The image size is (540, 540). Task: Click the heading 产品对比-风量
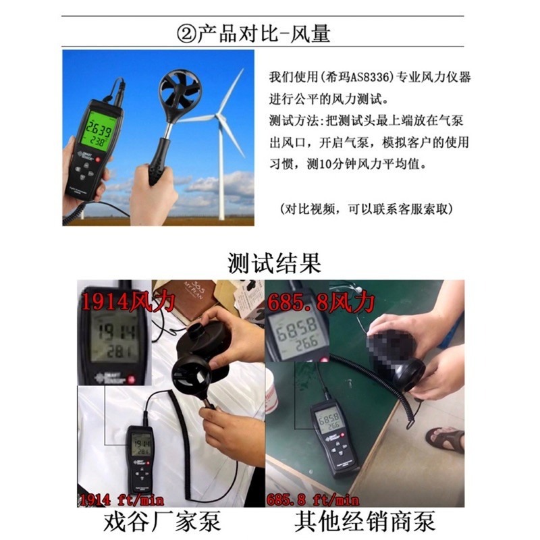point(263,32)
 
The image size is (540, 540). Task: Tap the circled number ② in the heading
point(184,32)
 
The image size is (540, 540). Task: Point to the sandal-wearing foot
point(446,439)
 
